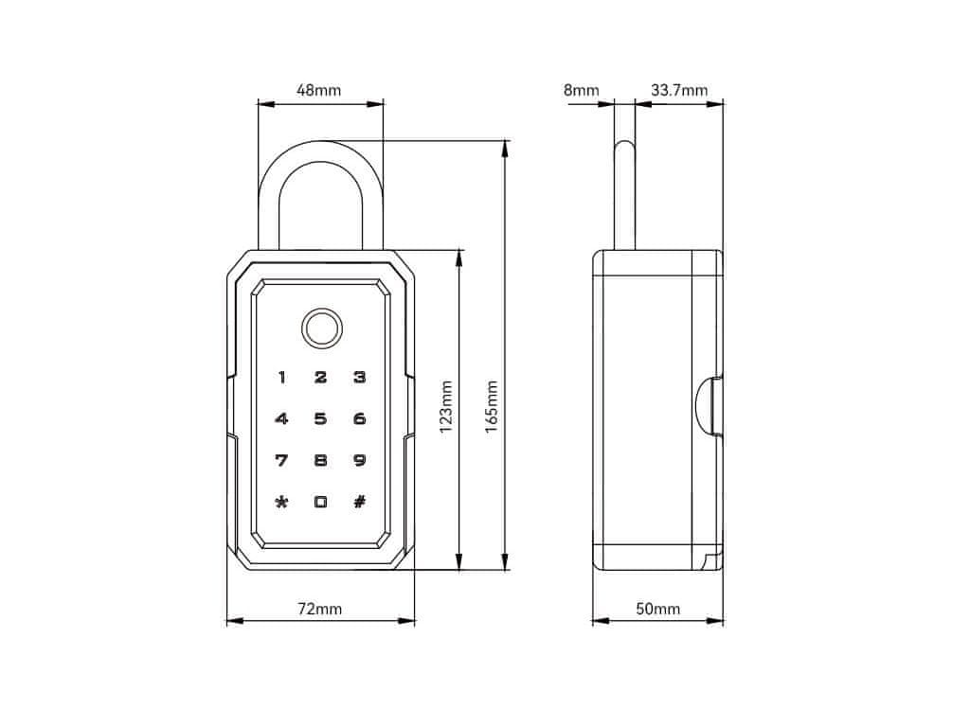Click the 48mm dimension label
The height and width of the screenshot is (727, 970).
[319, 91]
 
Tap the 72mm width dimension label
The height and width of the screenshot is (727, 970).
[319, 609]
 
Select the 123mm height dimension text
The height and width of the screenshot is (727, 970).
[446, 406]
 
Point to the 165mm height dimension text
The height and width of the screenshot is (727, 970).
[491, 406]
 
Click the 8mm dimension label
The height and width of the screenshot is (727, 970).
[581, 91]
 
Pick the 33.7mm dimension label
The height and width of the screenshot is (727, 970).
[679, 91]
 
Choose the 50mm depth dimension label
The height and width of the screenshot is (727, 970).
[657, 609]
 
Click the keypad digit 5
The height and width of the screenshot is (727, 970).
[320, 419]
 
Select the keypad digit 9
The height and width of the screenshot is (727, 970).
[359, 461]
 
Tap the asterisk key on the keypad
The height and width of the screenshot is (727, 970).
[281, 503]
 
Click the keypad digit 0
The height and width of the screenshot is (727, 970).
[320, 503]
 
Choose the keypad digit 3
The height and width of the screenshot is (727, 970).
[359, 378]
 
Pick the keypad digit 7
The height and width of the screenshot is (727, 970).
[281, 461]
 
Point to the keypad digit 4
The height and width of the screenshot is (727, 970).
[281, 419]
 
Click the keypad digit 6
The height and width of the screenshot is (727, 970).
[359, 419]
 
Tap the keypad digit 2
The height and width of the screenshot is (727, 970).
[320, 378]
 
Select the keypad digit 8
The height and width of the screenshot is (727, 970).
[320, 461]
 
